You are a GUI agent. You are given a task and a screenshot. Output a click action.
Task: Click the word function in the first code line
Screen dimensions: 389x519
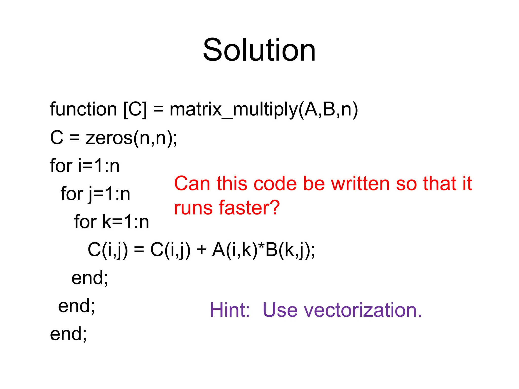pyautogui.click(x=83, y=109)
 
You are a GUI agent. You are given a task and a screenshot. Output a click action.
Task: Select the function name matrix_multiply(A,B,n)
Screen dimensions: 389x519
pyautogui.click(x=264, y=109)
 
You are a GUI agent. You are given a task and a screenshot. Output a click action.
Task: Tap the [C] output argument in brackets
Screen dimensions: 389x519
pyautogui.click(x=135, y=109)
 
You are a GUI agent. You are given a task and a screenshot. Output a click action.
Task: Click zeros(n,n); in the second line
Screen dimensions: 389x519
pyautogui.click(x=132, y=138)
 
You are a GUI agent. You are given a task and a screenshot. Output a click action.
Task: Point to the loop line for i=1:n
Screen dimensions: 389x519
pyautogui.click(x=85, y=166)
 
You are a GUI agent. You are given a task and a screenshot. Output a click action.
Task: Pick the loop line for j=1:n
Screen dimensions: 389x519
pyautogui.click(x=95, y=194)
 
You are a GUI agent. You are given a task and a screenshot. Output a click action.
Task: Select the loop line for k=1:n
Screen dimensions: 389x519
pyautogui.click(x=112, y=222)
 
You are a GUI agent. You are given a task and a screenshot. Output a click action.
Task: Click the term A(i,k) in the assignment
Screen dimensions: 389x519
pyautogui.click(x=235, y=250)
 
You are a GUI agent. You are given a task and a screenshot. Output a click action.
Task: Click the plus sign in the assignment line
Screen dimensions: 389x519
pyautogui.click(x=201, y=250)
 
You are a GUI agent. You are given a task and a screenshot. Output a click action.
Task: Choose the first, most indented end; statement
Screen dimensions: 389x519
pyautogui.click(x=90, y=278)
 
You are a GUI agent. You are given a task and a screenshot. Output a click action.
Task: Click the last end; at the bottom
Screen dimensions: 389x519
pyautogui.click(x=68, y=334)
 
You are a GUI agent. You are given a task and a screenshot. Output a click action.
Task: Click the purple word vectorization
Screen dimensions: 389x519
pyautogui.click(x=363, y=310)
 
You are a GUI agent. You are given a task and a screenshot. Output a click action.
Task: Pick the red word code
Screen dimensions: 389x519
pyautogui.click(x=275, y=184)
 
